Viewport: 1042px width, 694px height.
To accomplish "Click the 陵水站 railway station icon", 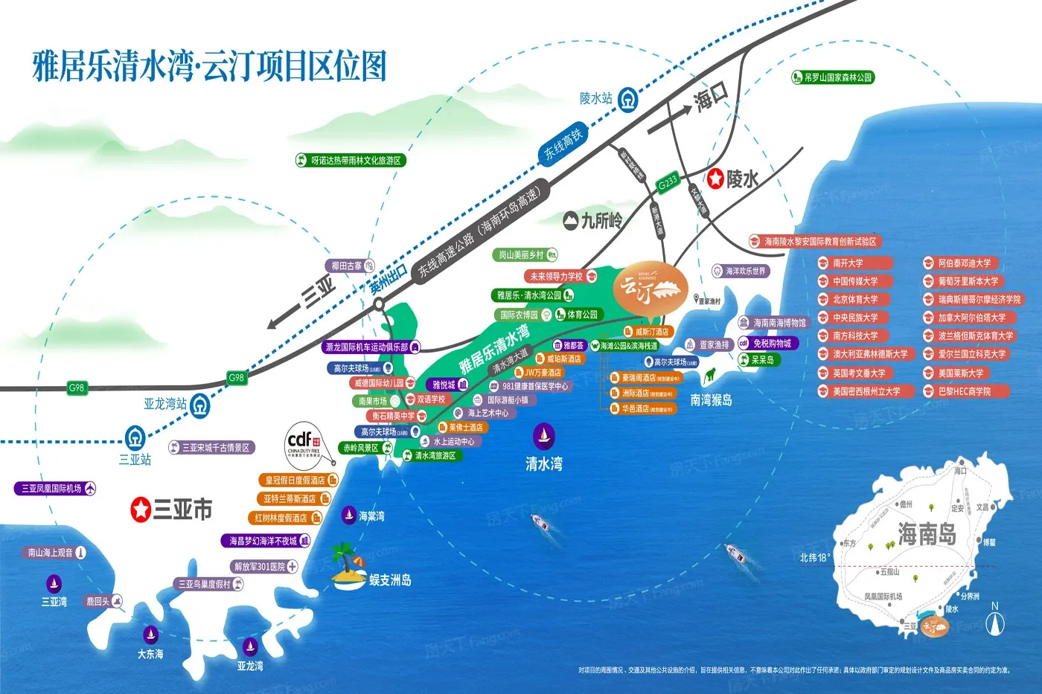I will [630, 98].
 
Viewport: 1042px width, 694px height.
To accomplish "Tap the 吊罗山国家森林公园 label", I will [833, 77].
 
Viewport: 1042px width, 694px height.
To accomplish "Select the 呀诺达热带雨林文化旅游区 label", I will [351, 161].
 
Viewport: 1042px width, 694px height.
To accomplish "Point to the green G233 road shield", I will [668, 181].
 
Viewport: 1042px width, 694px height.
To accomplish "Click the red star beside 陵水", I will [715, 178].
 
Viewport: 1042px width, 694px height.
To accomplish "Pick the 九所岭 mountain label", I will [592, 220].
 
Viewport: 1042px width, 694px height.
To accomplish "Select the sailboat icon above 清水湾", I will [543, 435].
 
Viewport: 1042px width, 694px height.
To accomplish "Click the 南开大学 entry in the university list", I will [854, 263].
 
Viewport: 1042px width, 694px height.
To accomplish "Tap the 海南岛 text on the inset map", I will [926, 534].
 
